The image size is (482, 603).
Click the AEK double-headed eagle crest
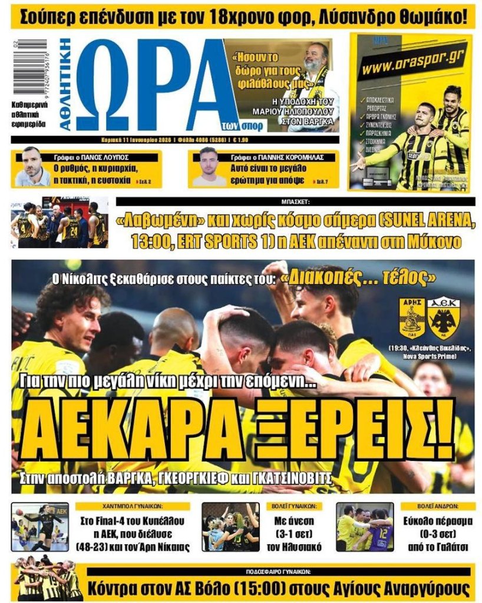pos(444,318)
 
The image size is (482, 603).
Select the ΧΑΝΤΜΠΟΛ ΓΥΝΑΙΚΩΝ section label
pos(132,506)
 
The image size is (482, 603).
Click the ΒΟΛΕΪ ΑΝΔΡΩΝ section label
pos(438,506)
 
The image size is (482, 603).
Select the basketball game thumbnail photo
pos(59,223)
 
